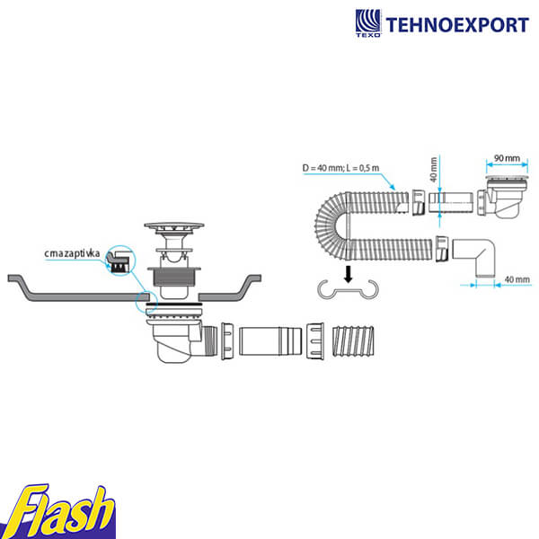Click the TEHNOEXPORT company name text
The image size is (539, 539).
(x=457, y=25)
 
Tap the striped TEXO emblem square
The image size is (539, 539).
(x=368, y=21)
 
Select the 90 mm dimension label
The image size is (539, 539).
(x=507, y=158)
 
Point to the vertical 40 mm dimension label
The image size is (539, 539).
(x=434, y=170)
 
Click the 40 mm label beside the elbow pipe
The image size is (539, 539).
(x=517, y=279)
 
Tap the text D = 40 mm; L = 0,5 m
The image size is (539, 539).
(x=340, y=168)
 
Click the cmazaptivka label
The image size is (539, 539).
(x=72, y=253)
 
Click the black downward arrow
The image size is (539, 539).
(x=349, y=274)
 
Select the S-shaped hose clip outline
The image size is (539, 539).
(x=348, y=290)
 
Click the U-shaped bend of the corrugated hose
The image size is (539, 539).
(x=332, y=225)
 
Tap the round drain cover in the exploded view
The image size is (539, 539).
(x=174, y=226)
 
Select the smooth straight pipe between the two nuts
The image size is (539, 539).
(x=270, y=341)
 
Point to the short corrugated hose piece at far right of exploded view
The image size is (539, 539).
(x=353, y=341)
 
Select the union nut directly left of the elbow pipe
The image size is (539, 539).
(x=442, y=249)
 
